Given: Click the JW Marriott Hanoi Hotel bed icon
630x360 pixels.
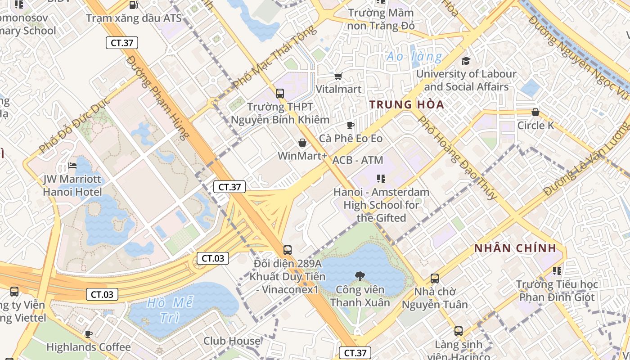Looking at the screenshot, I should (72, 166).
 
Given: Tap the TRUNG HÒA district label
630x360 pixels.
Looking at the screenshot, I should (406, 105).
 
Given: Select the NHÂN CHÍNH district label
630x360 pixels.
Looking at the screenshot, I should (515, 248).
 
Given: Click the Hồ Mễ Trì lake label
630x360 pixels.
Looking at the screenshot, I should (163, 310).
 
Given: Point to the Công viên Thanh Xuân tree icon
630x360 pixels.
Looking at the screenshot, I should (360, 276).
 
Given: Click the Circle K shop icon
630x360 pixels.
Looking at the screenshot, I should (535, 112).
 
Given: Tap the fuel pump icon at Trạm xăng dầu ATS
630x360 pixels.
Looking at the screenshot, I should (133, 5).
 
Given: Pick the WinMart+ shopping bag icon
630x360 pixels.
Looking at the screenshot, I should (302, 143).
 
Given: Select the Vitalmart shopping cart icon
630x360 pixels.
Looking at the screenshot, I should (338, 76).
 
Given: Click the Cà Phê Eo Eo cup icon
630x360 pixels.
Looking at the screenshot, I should (351, 125).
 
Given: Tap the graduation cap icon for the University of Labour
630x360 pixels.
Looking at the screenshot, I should (466, 60).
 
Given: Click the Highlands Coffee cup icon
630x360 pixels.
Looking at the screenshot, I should (89, 334).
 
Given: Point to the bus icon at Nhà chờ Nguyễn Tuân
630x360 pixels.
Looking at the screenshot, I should (434, 279).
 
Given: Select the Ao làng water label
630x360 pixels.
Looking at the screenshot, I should (414, 57).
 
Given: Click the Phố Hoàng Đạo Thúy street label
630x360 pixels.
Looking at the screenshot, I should (457, 157).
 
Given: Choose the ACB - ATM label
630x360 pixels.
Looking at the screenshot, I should (357, 160).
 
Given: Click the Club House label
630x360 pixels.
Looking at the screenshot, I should (232, 341).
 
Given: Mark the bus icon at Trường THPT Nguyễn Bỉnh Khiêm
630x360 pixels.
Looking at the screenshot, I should (280, 94).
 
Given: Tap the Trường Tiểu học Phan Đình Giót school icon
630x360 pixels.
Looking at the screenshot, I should (557, 271).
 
